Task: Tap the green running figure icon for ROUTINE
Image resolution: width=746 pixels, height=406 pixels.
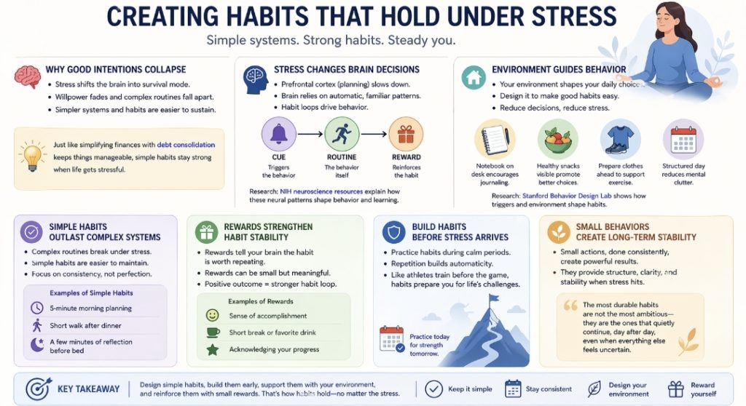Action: tap(342, 135)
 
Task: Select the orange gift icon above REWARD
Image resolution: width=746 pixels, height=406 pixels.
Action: tap(406, 135)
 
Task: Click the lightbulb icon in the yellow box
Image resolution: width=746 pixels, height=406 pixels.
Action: tap(31, 156)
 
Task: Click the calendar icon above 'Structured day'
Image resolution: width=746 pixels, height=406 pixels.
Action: tap(683, 138)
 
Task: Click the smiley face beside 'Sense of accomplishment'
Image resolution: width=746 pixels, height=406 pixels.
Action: tap(213, 315)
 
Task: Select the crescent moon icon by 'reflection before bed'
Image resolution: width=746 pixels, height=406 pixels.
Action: tap(37, 345)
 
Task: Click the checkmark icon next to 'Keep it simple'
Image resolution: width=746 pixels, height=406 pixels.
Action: tap(433, 389)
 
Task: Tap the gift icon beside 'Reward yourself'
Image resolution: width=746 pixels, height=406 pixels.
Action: tap(676, 389)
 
